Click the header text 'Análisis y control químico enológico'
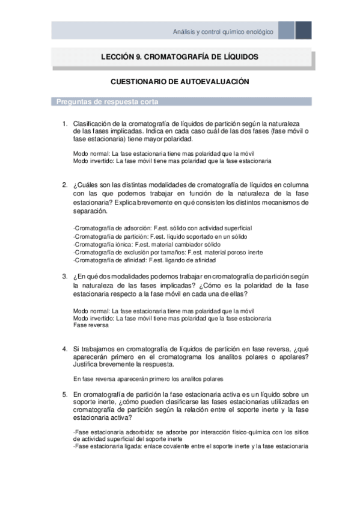pyautogui.click(x=223, y=31)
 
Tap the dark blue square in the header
pyautogui.click(x=304, y=31)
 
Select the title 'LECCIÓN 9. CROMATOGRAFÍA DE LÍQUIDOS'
pyautogui.click(x=180, y=57)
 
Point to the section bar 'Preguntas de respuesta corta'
pyautogui.click(x=108, y=102)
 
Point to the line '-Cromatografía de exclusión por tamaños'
pyautogui.click(x=163, y=253)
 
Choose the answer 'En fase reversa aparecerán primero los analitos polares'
pyautogui.click(x=148, y=379)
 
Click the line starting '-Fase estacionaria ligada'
pyautogui.click(x=190, y=446)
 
